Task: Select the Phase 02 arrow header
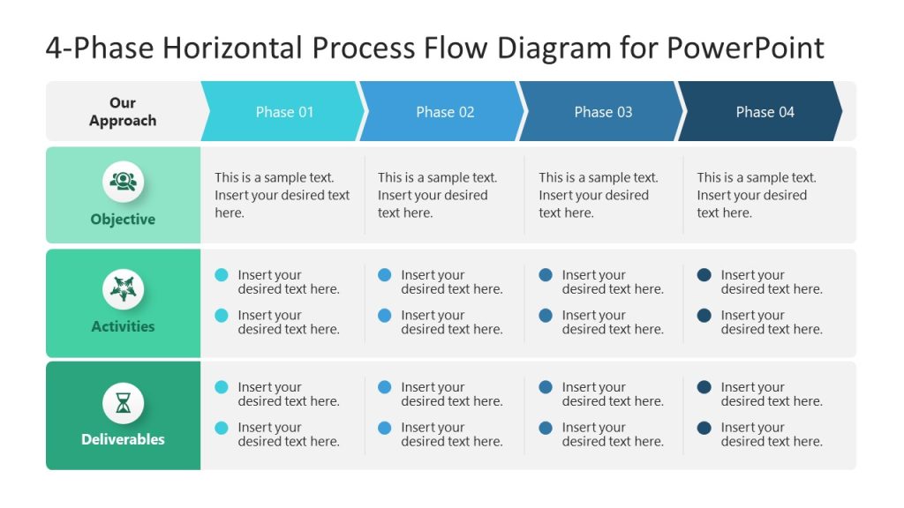(x=445, y=112)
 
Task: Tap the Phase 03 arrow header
(x=603, y=112)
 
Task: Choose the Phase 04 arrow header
(x=765, y=112)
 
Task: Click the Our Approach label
(x=123, y=112)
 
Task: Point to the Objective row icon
(x=123, y=182)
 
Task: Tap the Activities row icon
(x=123, y=288)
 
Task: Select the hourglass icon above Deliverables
(x=123, y=403)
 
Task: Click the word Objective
(x=123, y=220)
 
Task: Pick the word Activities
(x=123, y=326)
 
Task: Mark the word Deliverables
(x=123, y=439)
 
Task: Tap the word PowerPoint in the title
(x=745, y=47)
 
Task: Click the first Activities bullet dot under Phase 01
(x=222, y=275)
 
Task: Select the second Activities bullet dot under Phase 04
(x=704, y=316)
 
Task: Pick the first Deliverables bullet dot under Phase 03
(x=546, y=387)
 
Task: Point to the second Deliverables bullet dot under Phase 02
(x=385, y=428)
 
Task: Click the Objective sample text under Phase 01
(x=282, y=195)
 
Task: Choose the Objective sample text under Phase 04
(x=756, y=195)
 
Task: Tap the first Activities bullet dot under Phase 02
(x=385, y=275)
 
